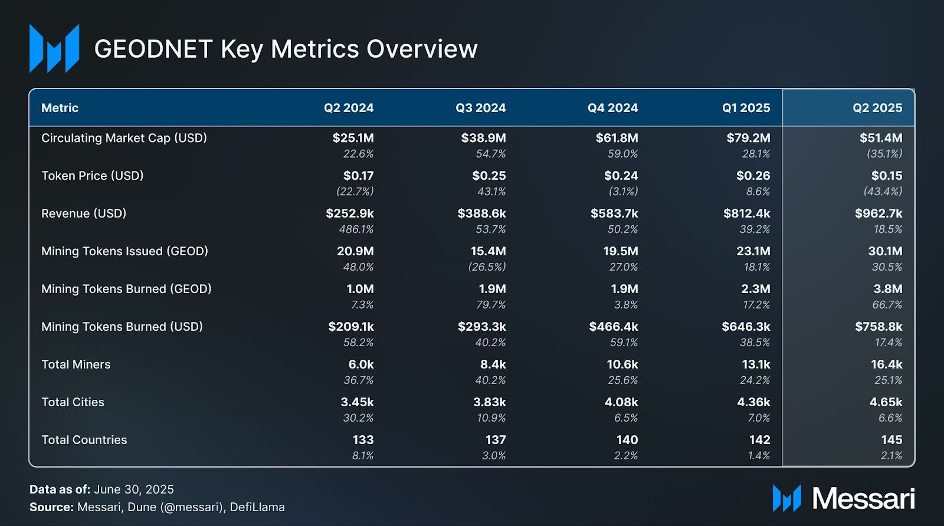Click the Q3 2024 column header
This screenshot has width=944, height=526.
pyautogui.click(x=480, y=108)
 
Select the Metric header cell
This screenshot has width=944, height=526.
pyautogui.click(x=60, y=108)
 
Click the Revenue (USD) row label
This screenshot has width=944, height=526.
pyautogui.click(x=84, y=213)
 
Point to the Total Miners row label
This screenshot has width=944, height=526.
pyautogui.click(x=76, y=364)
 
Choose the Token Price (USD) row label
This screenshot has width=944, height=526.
pyautogui.click(x=93, y=176)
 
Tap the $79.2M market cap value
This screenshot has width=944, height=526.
pyautogui.click(x=748, y=138)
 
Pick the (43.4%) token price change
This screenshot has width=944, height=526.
pyautogui.click(x=883, y=192)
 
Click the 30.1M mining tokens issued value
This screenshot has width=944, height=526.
pyautogui.click(x=885, y=251)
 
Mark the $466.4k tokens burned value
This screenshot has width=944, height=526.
pyautogui.click(x=613, y=327)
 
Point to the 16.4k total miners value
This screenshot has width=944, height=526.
pyautogui.click(x=886, y=364)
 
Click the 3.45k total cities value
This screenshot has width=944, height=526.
pyautogui.click(x=357, y=402)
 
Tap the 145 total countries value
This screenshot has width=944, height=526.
pyautogui.click(x=891, y=440)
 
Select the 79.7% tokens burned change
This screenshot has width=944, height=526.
pyautogui.click(x=491, y=305)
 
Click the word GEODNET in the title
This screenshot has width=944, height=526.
pyautogui.click(x=153, y=49)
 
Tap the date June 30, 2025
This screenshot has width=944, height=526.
pyautogui.click(x=134, y=489)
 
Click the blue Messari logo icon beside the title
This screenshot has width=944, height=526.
pyautogui.click(x=54, y=48)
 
